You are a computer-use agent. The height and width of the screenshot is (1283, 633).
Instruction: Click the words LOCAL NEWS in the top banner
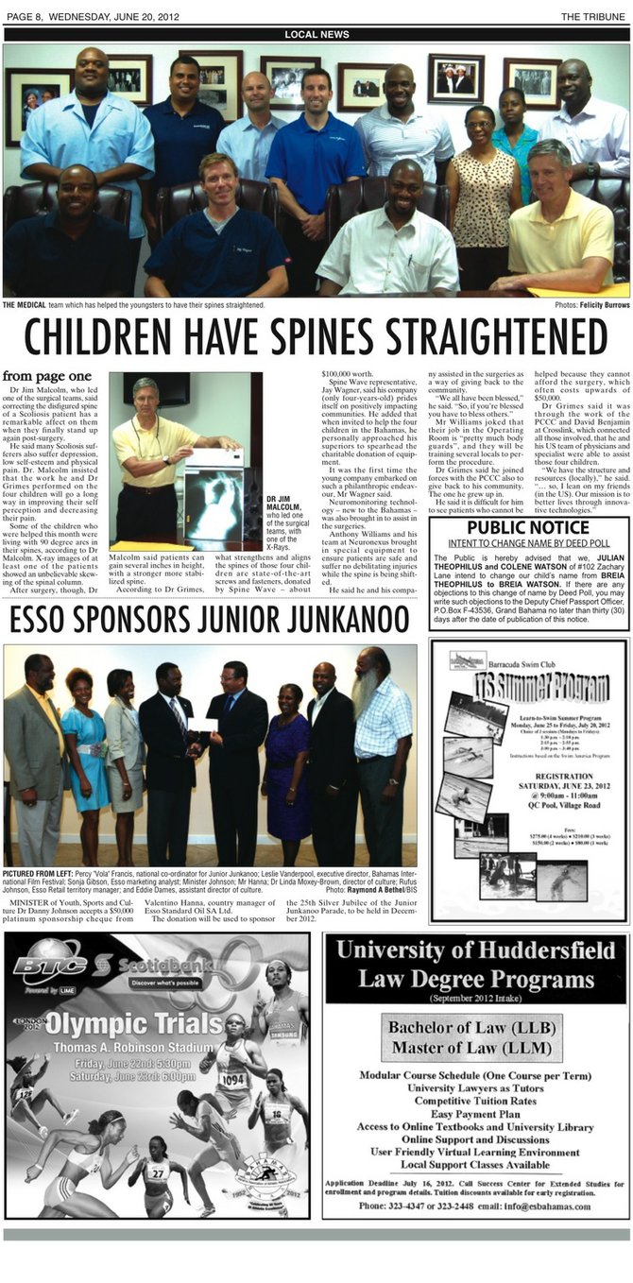coord(316,35)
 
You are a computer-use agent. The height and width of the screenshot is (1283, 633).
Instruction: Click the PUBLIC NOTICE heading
coord(528,526)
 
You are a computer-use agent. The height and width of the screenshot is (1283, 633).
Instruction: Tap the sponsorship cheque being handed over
coord(202,726)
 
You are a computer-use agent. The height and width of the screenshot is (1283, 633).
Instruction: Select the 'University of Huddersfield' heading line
coord(475,949)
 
